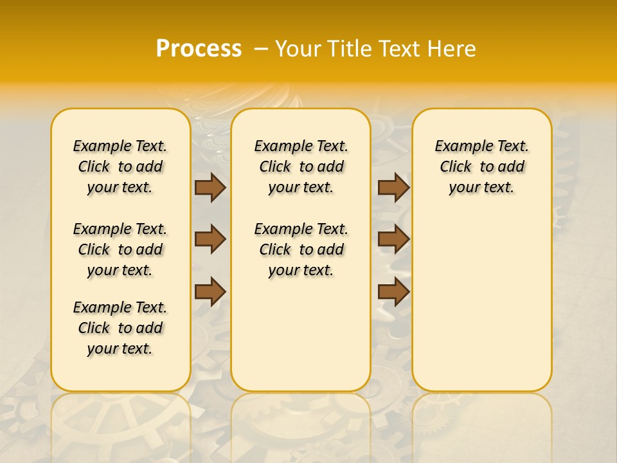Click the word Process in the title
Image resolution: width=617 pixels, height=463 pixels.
coord(199,48)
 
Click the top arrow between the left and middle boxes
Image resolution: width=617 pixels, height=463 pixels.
coord(210,187)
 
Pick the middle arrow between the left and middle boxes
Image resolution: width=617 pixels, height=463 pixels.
coord(210,239)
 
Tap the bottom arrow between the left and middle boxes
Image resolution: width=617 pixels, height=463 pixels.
coord(210,291)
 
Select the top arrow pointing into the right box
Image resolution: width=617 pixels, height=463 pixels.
coord(393,187)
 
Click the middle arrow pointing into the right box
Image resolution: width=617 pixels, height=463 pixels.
coord(393,239)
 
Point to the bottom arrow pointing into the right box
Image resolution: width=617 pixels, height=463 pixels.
coord(393,291)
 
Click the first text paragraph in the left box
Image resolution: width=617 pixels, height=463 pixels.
coord(120,167)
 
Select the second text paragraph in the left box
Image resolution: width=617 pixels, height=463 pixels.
coord(120,250)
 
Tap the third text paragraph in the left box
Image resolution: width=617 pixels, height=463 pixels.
coord(120,328)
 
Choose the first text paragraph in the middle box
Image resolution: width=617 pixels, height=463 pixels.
coord(301,167)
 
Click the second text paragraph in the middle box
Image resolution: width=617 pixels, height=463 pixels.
coord(301,250)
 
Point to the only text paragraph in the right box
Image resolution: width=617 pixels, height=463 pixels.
coord(481,167)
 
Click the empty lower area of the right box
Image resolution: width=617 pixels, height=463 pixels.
coord(481,302)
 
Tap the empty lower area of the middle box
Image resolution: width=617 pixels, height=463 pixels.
coord(301,334)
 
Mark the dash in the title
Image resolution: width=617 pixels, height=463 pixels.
coord(261,48)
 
